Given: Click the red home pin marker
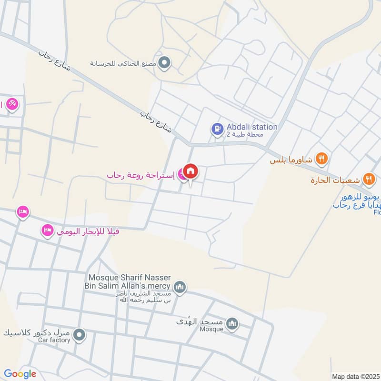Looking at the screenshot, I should pyautogui.click(x=190, y=171).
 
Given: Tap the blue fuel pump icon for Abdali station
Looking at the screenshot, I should pyautogui.click(x=217, y=129).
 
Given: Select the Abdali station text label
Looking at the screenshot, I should pyautogui.click(x=252, y=127).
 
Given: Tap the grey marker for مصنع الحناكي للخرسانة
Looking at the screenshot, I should pyautogui.click(x=165, y=62).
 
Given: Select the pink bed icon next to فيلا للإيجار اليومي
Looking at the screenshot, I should pyautogui.click(x=47, y=231).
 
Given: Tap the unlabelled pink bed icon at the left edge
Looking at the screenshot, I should pyautogui.click(x=22, y=211).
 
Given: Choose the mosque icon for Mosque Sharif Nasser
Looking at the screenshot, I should pyautogui.click(x=180, y=287).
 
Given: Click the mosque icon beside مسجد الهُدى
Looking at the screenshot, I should pyautogui.click(x=232, y=324).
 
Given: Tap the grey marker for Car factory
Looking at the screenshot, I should pyautogui.click(x=80, y=335).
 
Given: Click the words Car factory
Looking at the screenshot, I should pyautogui.click(x=54, y=340).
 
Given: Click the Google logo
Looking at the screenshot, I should pyautogui.click(x=20, y=374).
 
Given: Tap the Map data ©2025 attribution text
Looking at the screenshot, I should pyautogui.click(x=356, y=376).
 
